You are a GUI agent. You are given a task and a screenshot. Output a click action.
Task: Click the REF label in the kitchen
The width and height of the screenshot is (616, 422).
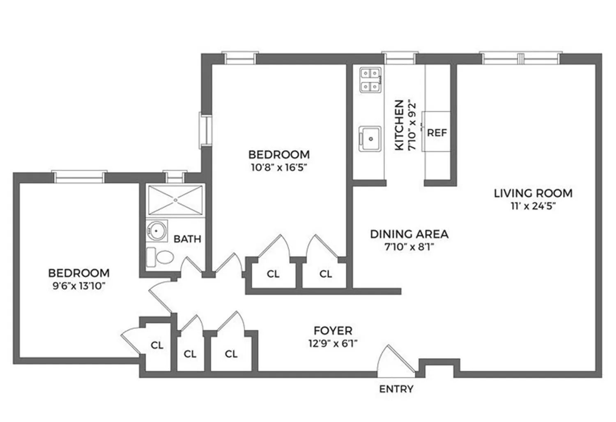437,133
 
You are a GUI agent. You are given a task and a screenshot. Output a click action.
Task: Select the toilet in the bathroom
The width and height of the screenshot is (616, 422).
161,258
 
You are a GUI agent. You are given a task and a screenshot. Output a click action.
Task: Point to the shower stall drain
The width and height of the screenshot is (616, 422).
175,200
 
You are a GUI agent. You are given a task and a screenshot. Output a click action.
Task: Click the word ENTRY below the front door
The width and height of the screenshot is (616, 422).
396,389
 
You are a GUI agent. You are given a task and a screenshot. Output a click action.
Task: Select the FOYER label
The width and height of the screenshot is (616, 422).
333,330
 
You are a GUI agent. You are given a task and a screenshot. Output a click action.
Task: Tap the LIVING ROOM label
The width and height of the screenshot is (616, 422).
533,193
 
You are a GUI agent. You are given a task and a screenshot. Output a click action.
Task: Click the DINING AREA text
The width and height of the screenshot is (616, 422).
409,234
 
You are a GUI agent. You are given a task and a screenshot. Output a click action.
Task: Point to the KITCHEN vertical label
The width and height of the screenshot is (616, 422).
399,125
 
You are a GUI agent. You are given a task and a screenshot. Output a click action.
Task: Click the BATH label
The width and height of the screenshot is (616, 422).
187,239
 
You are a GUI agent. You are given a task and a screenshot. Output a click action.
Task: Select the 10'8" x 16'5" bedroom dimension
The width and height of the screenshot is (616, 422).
279,167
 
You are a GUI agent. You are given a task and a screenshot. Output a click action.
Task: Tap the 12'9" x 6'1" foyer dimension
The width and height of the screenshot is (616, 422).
333,344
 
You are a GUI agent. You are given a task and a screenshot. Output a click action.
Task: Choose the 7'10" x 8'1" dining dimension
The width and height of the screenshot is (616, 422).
409,247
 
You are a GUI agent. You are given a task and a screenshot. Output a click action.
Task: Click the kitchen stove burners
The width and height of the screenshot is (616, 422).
370,80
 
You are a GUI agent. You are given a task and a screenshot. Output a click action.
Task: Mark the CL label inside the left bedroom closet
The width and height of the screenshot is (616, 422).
157,346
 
